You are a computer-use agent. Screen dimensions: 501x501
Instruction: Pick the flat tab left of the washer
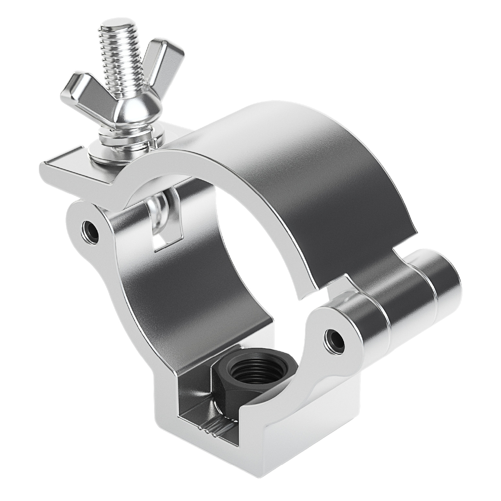(x=63, y=161)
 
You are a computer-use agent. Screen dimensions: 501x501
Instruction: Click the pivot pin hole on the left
(x=90, y=229)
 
